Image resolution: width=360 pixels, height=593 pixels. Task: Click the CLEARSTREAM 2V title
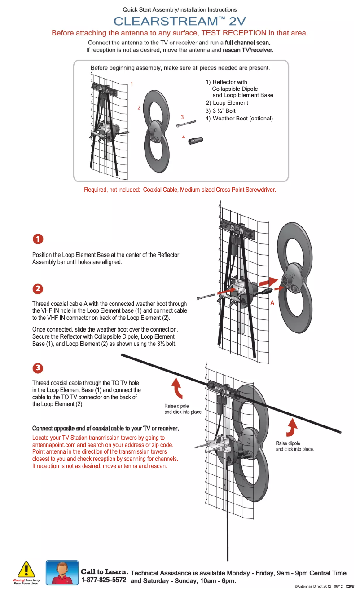point(180,21)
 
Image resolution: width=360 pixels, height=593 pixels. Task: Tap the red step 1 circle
point(38,239)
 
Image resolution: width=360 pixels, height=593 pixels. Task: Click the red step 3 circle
point(38,367)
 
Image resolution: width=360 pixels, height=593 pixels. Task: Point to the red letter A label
point(272,303)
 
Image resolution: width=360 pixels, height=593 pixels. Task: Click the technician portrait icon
point(62,572)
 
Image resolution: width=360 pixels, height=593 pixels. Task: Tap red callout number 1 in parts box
point(132,84)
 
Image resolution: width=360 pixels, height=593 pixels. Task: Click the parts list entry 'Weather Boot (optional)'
point(239,119)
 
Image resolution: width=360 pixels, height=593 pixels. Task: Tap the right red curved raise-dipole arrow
point(292,428)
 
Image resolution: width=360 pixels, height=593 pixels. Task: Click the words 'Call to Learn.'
point(105,572)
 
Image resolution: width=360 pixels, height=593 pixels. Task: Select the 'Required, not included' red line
point(180,190)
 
